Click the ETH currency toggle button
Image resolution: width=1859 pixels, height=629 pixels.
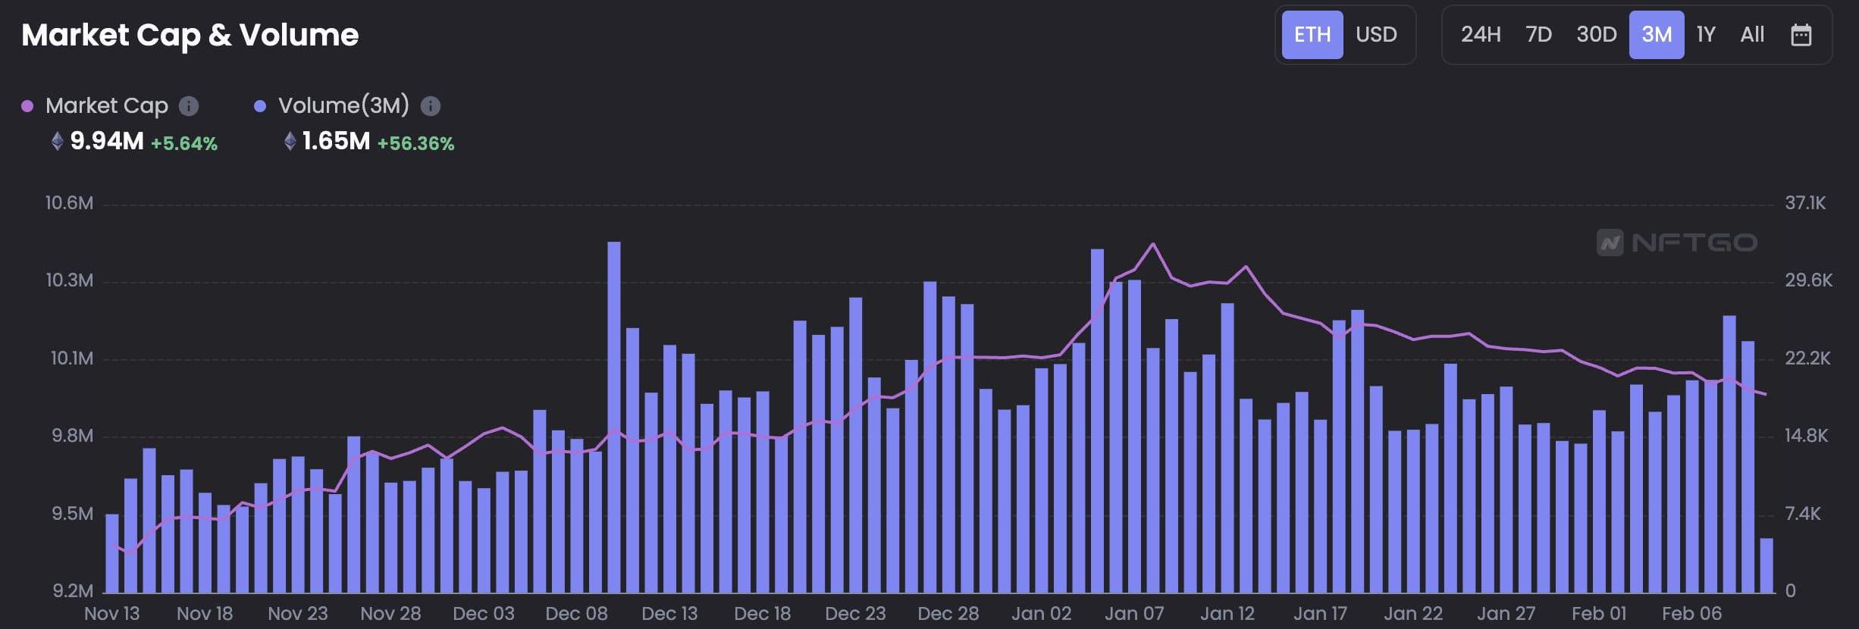[x=1312, y=35]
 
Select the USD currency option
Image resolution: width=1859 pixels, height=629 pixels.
[x=1376, y=35]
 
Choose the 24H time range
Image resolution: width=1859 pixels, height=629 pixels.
[x=1481, y=35]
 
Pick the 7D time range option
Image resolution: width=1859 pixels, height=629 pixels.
[x=1538, y=35]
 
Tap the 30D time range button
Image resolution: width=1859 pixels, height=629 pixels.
[x=1596, y=35]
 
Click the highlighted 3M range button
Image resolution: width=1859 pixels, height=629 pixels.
[x=1657, y=35]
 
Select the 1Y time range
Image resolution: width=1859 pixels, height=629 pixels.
[x=1706, y=35]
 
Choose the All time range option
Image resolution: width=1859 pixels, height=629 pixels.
[x=1752, y=35]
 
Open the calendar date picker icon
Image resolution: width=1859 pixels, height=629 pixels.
[x=1801, y=35]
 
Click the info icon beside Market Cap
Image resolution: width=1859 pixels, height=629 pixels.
[x=189, y=106]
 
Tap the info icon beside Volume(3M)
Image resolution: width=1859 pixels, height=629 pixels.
[x=431, y=106]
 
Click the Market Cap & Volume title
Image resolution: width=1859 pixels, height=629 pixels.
[x=190, y=35]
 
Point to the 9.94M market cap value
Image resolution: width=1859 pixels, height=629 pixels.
[x=107, y=141]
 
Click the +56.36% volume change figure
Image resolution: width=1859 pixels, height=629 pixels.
[x=415, y=143]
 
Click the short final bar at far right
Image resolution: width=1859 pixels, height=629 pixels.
[x=1767, y=565]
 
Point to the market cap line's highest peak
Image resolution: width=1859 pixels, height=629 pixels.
[x=1153, y=244]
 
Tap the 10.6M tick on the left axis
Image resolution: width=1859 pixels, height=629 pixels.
[x=69, y=203]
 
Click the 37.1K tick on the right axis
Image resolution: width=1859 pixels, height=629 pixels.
[x=1805, y=203]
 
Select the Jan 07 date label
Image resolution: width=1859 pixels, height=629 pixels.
[x=1134, y=613]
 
